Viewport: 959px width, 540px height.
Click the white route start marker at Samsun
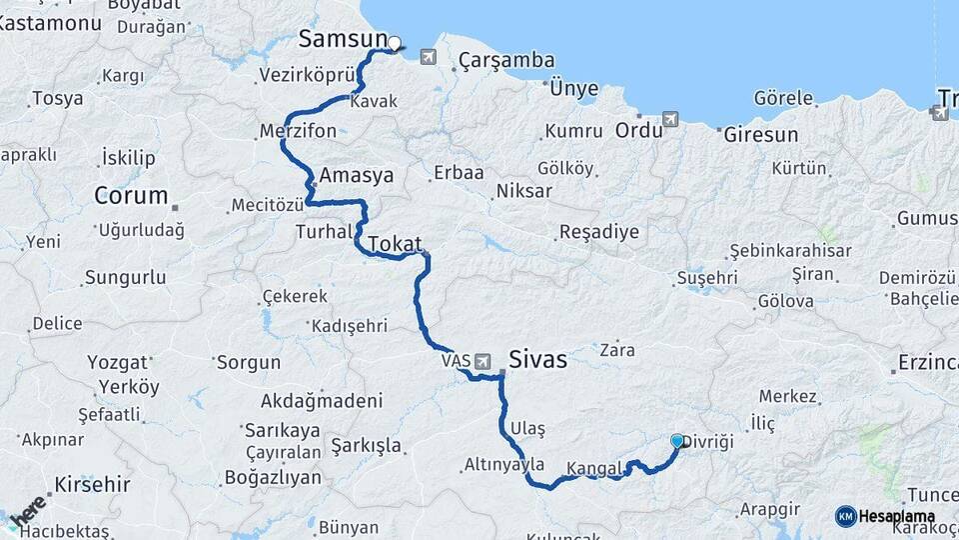click(x=394, y=43)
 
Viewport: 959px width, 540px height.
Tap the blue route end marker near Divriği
click(x=678, y=441)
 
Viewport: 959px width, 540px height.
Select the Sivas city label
click(x=537, y=360)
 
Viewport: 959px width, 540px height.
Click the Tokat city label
click(x=395, y=244)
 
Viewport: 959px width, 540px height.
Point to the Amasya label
click(x=357, y=175)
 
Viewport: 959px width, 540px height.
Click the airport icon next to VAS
click(x=483, y=361)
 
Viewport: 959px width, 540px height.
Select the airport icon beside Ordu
click(x=669, y=120)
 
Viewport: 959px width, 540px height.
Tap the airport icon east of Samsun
click(x=429, y=57)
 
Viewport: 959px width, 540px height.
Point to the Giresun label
click(x=760, y=134)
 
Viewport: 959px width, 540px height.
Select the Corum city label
click(x=130, y=196)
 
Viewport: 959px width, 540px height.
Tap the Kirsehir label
click(x=93, y=485)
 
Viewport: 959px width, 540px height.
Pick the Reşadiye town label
click(x=597, y=233)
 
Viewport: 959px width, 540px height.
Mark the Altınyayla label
click(x=504, y=465)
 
